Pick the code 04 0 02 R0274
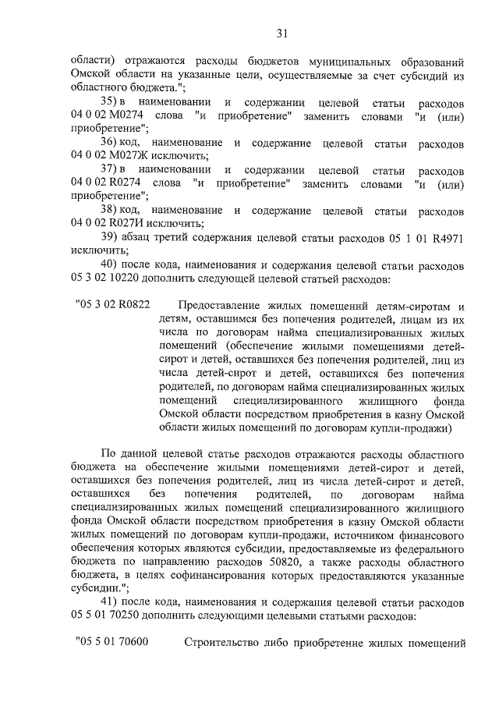pyautogui.click(x=105, y=184)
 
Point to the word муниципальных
pyautogui.click(x=336, y=62)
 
